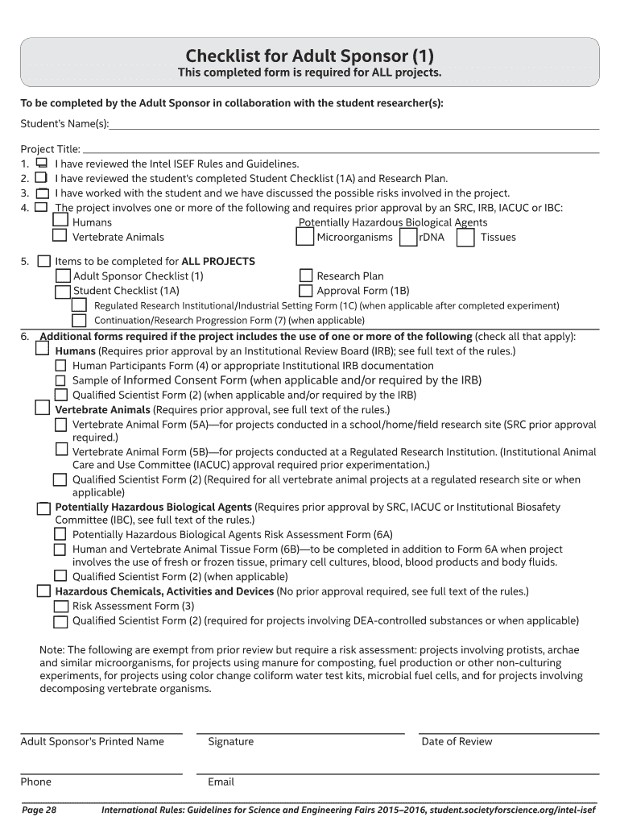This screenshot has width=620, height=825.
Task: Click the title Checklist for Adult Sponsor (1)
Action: pos(310,56)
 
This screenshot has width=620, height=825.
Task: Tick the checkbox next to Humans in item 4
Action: pos(60,221)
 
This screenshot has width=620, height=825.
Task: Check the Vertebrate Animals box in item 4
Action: pos(60,236)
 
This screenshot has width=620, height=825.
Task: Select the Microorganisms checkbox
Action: pos(304,237)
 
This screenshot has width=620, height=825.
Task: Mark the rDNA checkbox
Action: pos(408,237)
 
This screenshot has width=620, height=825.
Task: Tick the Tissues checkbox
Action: pos(465,237)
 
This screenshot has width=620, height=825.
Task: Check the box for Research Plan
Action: pos(306,276)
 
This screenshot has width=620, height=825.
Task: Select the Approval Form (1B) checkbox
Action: pos(306,291)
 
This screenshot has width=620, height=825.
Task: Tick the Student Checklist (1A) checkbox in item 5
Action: pos(62,291)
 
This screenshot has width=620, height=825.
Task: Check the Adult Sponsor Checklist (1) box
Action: pos(62,276)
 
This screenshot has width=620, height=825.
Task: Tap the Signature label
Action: pos(230,742)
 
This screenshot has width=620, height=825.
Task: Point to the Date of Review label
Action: pos(457,742)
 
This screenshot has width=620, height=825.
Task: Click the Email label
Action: pos(221,781)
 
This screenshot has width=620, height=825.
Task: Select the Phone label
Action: pos(35,781)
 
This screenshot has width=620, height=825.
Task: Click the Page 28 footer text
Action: pos(39,810)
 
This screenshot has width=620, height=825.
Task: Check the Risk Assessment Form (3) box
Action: pos(60,606)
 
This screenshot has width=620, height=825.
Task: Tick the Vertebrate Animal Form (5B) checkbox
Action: pos(61,450)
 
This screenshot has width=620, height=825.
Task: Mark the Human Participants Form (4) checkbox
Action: pos(60,365)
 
